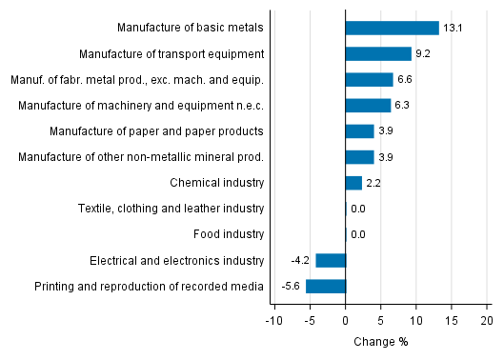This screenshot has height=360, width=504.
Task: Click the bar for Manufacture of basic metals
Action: coord(392,28)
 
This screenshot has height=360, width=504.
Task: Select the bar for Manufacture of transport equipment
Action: coord(378,53)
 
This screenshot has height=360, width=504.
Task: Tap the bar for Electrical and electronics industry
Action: coord(331,260)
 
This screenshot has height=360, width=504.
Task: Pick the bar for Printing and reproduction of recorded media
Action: coord(326,286)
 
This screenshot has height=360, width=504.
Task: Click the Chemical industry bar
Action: coord(353,182)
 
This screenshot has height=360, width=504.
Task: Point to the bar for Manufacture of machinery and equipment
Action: coord(368,105)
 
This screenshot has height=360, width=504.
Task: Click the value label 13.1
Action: coord(453,28)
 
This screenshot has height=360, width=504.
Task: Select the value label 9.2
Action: coord(422,53)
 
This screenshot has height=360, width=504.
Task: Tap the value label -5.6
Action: coord(291,286)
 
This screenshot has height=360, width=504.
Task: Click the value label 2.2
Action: coord(373,182)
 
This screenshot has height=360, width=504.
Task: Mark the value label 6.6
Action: coord(404,79)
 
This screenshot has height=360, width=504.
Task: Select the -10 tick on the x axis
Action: coord(273,321)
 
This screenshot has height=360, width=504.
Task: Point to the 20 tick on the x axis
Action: coord(487,321)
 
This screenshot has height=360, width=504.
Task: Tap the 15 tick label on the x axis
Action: coord(452,321)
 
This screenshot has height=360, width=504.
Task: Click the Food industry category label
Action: coord(231,233)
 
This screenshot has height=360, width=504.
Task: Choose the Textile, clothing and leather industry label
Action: coord(185,208)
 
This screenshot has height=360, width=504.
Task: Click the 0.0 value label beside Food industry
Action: coord(358,233)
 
